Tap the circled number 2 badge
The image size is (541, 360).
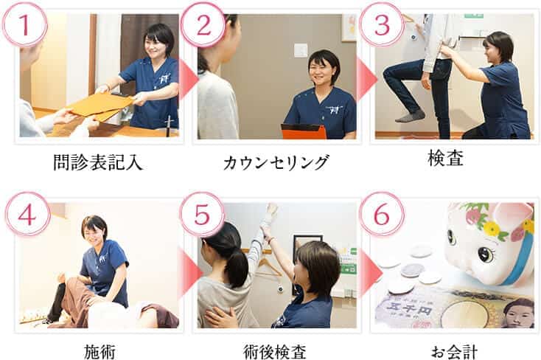click(x=203, y=25)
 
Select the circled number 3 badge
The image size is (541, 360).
click(x=381, y=25)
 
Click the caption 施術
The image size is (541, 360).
click(x=98, y=350)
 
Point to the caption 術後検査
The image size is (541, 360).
click(x=276, y=350)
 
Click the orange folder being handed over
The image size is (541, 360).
click(x=102, y=105)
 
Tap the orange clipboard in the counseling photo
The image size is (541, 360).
click(x=304, y=131)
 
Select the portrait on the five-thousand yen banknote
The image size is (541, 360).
click(x=517, y=314)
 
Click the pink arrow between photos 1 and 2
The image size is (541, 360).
click(x=188, y=79)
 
